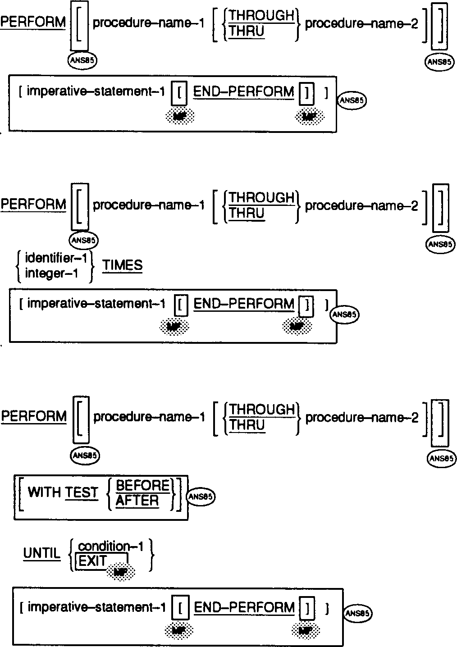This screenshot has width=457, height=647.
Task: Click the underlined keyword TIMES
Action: click(122, 265)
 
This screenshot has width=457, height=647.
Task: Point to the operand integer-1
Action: click(52, 273)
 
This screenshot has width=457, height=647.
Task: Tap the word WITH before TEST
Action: click(44, 492)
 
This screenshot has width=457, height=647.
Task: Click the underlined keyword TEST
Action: click(82, 492)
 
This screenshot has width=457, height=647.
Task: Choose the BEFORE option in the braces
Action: click(142, 485)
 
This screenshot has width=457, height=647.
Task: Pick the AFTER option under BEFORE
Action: click(137, 500)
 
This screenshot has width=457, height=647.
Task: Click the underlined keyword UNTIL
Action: click(41, 553)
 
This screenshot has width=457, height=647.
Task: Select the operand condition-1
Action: click(110, 546)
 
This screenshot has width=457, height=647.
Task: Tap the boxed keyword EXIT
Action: click(93, 561)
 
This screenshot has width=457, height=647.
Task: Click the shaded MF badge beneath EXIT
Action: click(120, 572)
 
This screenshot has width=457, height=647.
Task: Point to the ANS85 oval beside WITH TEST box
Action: click(201, 497)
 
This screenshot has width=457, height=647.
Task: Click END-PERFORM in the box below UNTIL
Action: click(244, 607)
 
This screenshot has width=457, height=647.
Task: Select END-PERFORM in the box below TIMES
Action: click(244, 304)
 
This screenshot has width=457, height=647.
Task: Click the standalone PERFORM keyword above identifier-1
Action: click(33, 205)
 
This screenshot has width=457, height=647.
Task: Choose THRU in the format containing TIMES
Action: click(247, 213)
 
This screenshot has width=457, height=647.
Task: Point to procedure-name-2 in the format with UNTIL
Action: click(362, 417)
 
